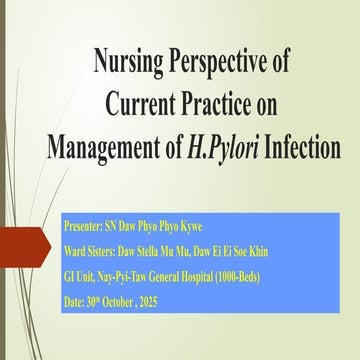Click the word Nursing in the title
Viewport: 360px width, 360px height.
(129, 62)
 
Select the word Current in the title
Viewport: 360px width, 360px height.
(140, 104)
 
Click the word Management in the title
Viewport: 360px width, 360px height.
(103, 147)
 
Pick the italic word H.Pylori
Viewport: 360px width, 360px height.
(223, 148)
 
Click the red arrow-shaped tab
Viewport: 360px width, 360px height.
(25, 247)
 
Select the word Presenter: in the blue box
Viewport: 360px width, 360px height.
(83, 227)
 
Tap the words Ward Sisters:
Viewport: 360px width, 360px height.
(90, 252)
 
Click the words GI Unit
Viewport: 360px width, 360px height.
(78, 277)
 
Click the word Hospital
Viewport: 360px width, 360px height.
(197, 278)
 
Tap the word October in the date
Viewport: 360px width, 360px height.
(117, 302)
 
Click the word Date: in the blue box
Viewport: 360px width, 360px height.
(74, 302)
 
